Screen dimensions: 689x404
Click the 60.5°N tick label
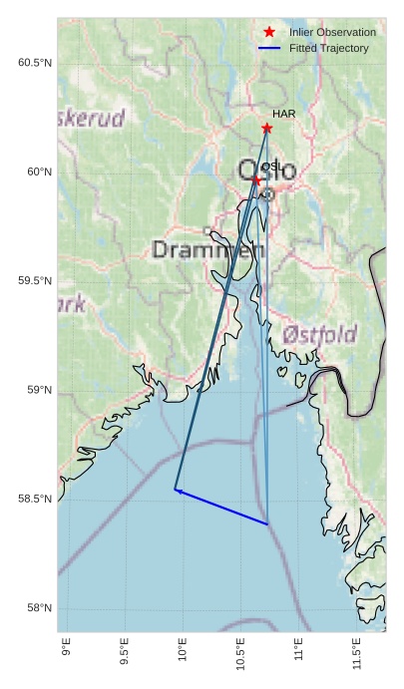pos(34,63)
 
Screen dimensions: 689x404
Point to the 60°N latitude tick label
pos(37,172)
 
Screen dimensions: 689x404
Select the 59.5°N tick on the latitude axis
pos(34,281)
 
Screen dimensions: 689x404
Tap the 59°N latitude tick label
pos(37,390)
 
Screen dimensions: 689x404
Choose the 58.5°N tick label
pos(34,499)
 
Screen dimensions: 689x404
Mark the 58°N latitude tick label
pos(37,608)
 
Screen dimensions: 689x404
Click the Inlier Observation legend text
pos(332,33)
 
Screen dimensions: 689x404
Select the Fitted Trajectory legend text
pos(328,48)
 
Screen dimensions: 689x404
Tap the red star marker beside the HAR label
pos(266,129)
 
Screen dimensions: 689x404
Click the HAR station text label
pos(283,115)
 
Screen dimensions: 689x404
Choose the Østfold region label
pos(319,334)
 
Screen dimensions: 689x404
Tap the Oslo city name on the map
pos(266,171)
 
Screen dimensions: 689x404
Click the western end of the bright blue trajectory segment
pos(177,490)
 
